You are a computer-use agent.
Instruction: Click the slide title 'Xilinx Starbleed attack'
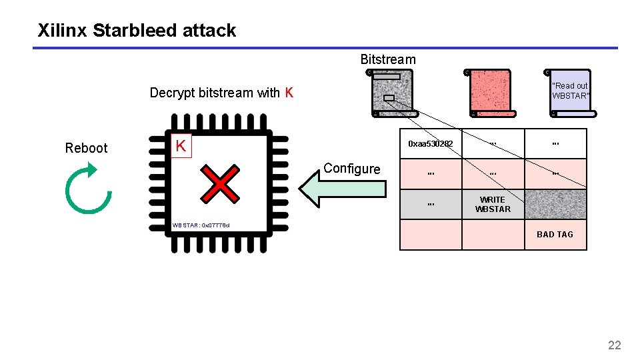click(x=137, y=31)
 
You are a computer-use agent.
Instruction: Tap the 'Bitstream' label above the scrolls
click(x=387, y=59)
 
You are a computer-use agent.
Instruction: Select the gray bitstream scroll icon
click(x=392, y=93)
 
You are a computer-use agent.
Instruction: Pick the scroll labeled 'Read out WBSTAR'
click(x=570, y=91)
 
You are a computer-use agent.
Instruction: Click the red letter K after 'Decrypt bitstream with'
click(x=289, y=93)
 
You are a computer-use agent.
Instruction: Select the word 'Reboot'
click(x=86, y=148)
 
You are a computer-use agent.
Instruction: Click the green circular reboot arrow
click(x=88, y=191)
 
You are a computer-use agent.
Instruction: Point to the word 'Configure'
click(x=351, y=169)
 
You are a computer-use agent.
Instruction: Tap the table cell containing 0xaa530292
click(x=431, y=144)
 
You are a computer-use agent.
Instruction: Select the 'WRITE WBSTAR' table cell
click(x=493, y=205)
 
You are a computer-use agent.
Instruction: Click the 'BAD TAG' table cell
click(x=555, y=235)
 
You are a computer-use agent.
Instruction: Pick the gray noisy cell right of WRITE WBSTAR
click(x=555, y=205)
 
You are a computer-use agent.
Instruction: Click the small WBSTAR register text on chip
click(x=200, y=225)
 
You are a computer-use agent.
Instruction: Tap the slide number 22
click(x=614, y=345)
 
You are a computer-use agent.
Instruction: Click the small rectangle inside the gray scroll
click(x=389, y=98)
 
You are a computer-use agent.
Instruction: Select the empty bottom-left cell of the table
click(x=431, y=235)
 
